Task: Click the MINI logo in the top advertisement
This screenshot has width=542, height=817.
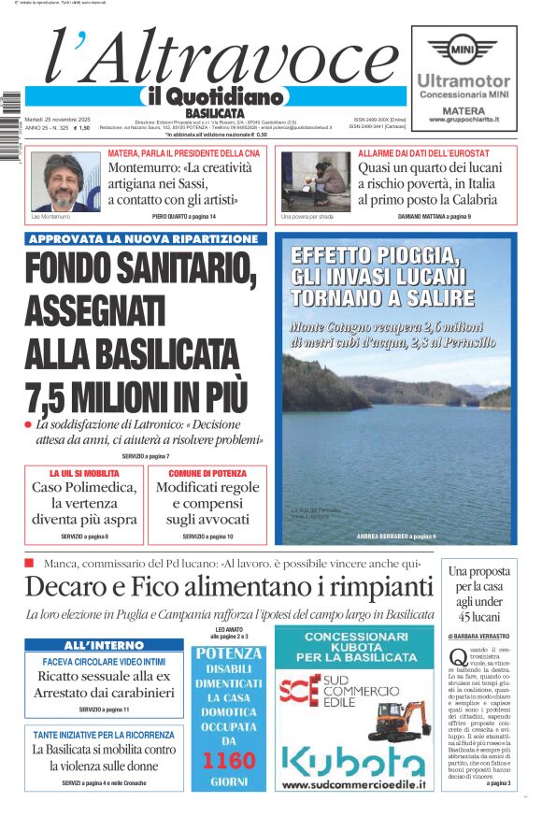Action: click(x=464, y=47)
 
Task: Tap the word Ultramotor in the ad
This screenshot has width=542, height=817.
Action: click(x=464, y=81)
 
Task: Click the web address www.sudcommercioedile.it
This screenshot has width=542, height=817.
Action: click(x=352, y=786)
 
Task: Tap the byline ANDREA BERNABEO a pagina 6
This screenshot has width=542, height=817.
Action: click(x=396, y=537)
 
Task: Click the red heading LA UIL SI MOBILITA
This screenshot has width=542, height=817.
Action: click(x=84, y=474)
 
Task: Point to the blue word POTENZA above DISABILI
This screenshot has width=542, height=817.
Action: click(x=229, y=653)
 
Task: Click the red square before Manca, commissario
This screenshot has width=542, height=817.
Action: click(x=29, y=563)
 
